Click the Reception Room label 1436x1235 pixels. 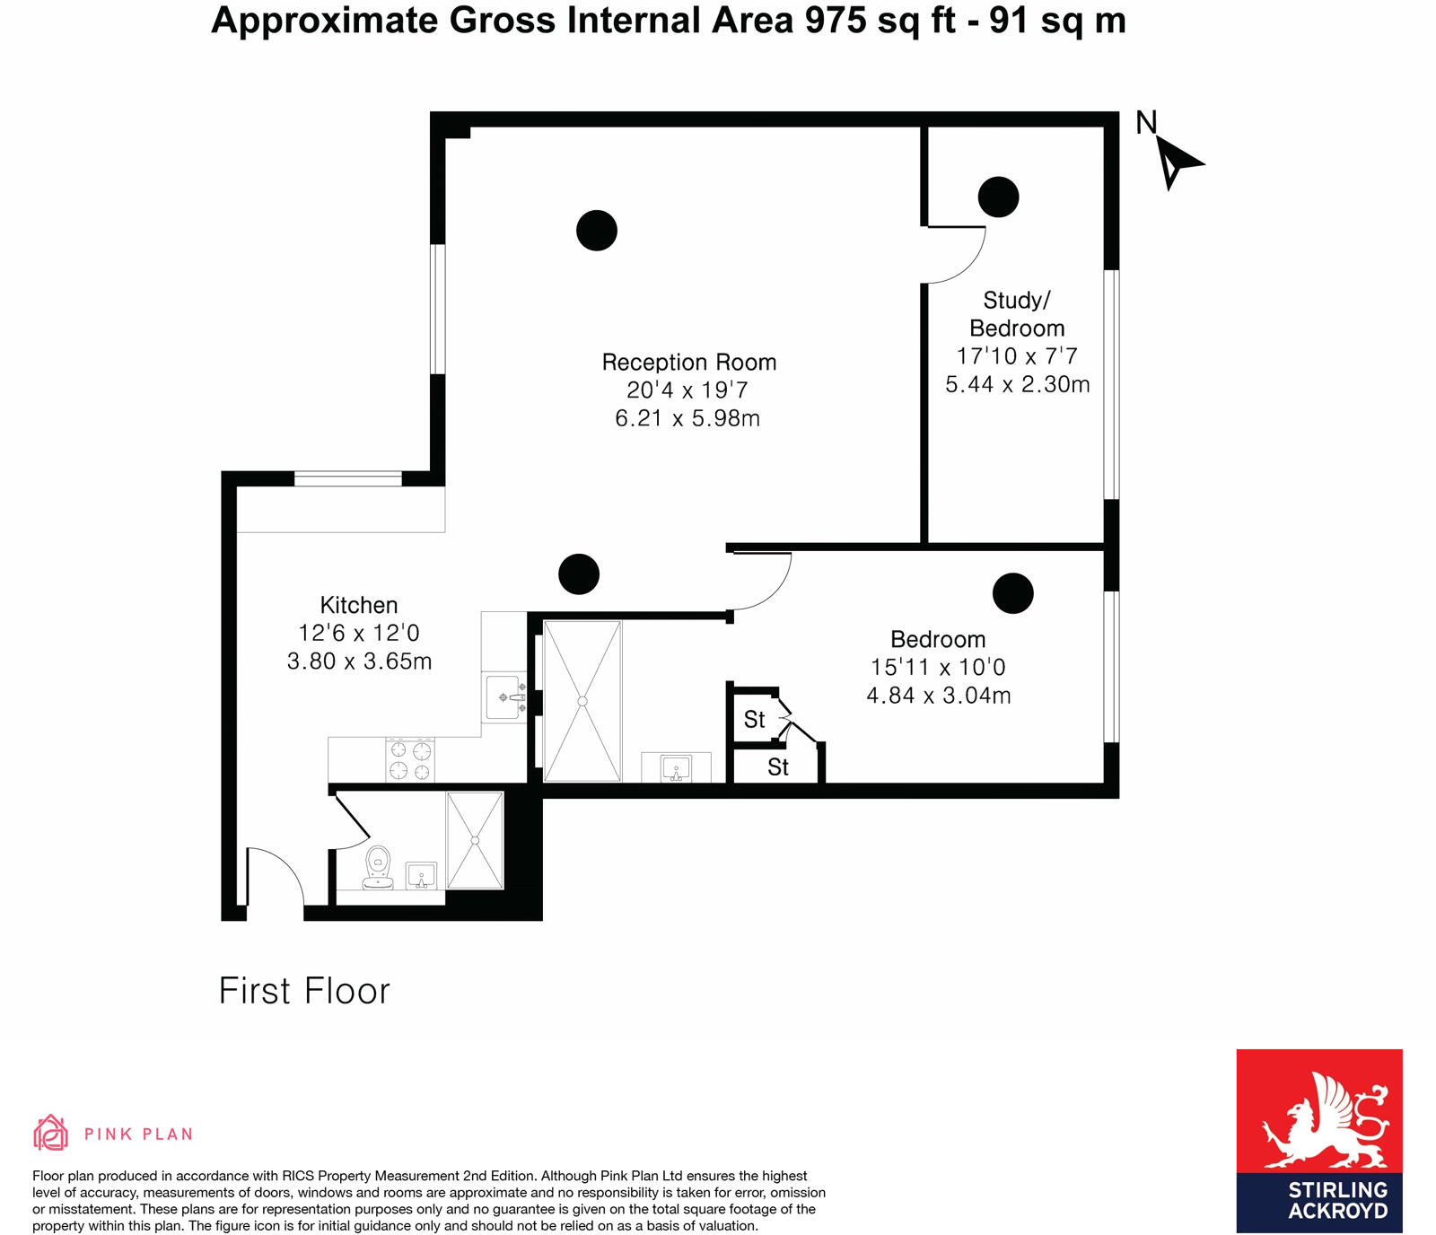point(688,363)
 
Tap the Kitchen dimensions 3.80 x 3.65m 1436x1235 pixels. point(359,661)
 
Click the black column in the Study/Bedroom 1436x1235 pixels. point(998,197)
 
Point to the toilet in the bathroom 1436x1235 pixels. point(378,867)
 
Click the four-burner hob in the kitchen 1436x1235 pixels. point(410,760)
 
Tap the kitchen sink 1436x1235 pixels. point(504,697)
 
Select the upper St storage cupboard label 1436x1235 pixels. point(754,720)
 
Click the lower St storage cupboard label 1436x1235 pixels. point(777,767)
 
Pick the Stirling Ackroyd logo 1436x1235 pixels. point(1318,1141)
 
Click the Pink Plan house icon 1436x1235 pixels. point(50,1133)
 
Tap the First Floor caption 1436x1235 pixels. point(304,992)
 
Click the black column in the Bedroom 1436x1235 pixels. point(1012,593)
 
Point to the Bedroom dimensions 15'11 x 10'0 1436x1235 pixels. point(938,668)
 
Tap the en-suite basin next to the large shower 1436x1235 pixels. point(675,768)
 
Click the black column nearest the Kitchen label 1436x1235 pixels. point(578,574)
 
